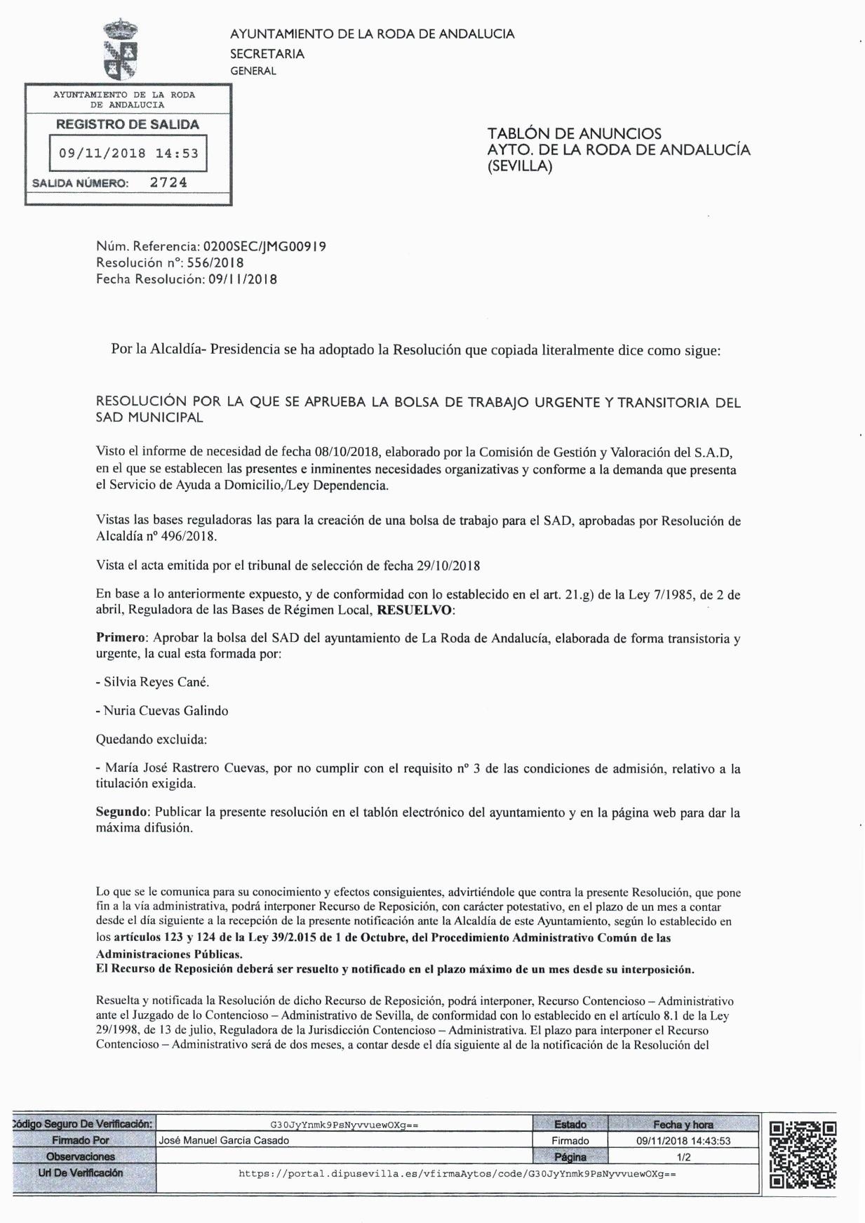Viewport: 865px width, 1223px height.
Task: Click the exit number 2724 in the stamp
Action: tap(168, 182)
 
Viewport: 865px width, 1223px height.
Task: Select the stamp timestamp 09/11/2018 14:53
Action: tap(128, 153)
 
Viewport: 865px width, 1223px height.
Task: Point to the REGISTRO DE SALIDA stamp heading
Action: tap(128, 124)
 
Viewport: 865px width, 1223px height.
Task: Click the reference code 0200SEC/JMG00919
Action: tap(264, 246)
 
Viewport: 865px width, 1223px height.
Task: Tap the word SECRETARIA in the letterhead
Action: tap(267, 54)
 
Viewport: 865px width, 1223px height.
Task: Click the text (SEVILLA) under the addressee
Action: tap(520, 166)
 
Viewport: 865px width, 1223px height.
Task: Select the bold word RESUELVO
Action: tap(414, 610)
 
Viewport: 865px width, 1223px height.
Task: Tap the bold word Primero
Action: tap(121, 639)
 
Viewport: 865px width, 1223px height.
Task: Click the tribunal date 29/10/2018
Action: tap(448, 566)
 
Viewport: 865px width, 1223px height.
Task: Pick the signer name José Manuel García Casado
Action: tap(224, 1141)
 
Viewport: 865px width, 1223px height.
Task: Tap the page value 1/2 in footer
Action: tap(683, 1157)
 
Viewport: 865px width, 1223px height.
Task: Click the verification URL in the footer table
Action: tap(457, 1173)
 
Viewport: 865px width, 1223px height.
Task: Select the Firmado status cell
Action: tap(570, 1141)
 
